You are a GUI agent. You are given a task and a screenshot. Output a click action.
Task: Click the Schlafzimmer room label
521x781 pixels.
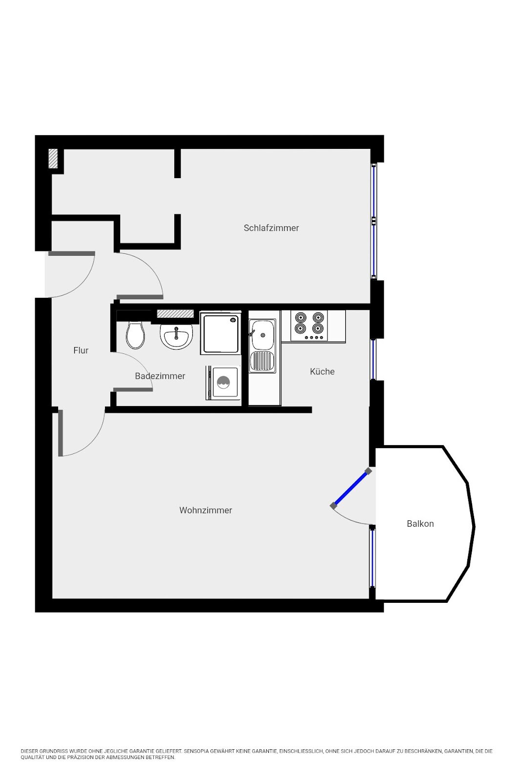[271, 228]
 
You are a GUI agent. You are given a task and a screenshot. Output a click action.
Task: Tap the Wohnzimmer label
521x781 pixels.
[206, 510]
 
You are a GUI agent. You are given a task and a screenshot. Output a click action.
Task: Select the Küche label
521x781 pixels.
[322, 371]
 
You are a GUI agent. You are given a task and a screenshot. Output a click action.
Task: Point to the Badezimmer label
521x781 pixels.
[160, 376]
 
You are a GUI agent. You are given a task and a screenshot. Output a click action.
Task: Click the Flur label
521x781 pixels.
[81, 350]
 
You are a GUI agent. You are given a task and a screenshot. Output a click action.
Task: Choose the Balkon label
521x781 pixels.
[420, 524]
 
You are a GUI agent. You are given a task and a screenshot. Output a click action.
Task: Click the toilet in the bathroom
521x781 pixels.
[135, 335]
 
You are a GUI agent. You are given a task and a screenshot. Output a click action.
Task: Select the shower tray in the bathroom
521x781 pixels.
[221, 333]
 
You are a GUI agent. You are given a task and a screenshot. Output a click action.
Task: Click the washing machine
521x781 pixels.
[223, 383]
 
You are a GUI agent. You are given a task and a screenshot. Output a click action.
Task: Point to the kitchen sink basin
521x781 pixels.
[263, 335]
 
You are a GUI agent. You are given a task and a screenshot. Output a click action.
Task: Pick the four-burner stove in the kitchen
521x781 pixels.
[309, 326]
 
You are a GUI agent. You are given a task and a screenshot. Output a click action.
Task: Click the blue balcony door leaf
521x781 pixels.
[351, 489]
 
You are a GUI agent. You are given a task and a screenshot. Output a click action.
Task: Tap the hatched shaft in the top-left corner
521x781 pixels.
[53, 159]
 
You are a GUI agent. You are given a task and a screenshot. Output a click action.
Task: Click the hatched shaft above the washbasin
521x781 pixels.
[175, 314]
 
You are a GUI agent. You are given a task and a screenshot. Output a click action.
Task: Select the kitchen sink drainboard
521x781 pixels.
[263, 361]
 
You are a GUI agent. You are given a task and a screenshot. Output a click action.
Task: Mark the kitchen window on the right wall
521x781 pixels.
[373, 359]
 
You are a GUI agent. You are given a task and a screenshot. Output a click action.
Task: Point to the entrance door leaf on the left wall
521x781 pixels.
[71, 253]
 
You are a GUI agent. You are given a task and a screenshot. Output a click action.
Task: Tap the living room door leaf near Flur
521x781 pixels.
[61, 432]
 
